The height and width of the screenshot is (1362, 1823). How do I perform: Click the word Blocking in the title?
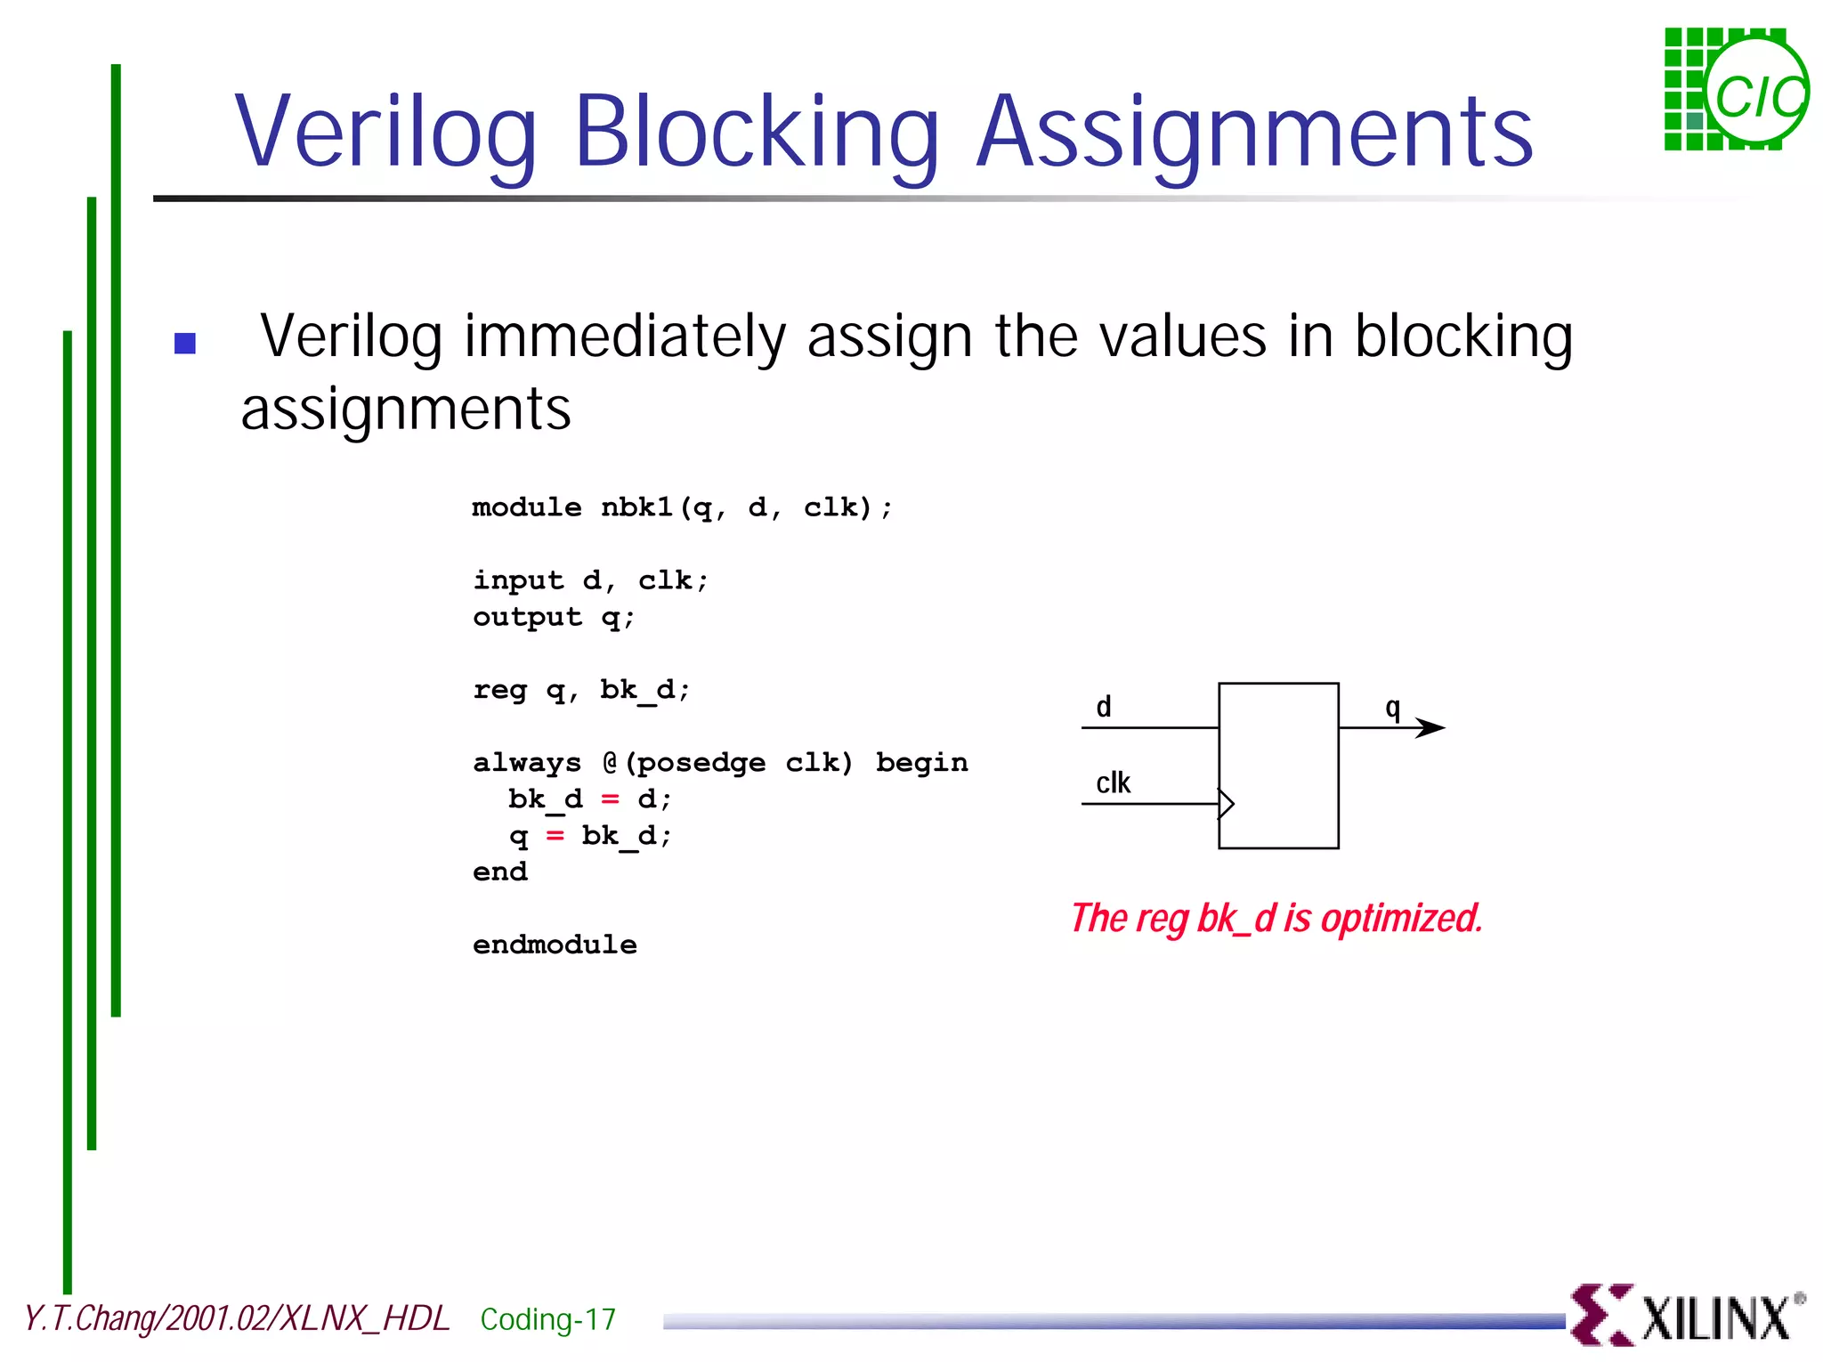tap(757, 134)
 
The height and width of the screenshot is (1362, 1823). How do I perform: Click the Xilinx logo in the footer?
tap(1687, 1317)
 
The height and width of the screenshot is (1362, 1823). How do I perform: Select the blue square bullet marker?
tap(185, 343)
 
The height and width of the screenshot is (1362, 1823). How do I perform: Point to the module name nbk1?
tap(637, 507)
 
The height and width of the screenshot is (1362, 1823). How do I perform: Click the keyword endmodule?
tap(555, 944)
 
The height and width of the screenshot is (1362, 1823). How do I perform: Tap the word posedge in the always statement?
tap(701, 763)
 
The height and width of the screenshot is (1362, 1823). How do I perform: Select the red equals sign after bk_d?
tap(610, 799)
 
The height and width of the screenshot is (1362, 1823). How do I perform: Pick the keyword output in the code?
tap(527, 617)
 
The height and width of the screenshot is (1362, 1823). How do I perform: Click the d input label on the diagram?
tap(1104, 707)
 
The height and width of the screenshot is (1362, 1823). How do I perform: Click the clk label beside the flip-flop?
tap(1113, 783)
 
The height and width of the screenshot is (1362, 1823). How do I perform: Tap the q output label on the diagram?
tap(1393, 709)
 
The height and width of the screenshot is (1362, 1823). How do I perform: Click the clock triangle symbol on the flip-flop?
tap(1226, 803)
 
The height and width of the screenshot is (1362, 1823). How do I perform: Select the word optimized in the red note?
tap(1402, 919)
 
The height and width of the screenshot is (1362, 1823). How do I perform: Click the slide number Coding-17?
tap(547, 1319)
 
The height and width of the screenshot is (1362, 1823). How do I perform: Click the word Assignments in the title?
tap(1255, 134)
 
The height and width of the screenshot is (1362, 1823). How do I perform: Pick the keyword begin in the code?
tap(921, 763)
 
